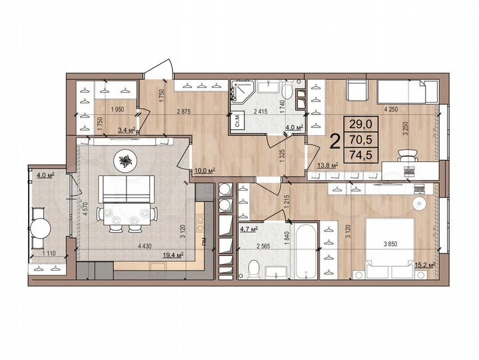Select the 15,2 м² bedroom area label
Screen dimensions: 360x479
pos(424,264)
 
